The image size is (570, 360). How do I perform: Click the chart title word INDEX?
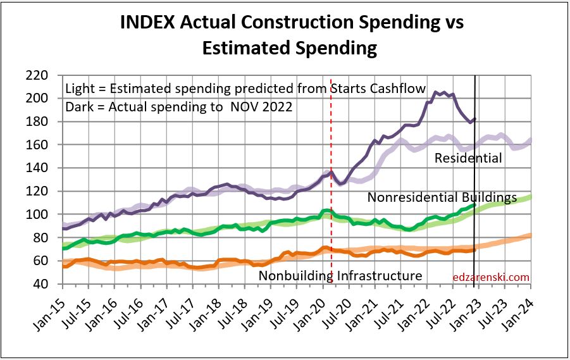click(x=147, y=23)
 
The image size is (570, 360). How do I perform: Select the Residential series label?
click(x=468, y=158)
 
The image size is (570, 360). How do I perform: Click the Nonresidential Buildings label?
click(x=442, y=197)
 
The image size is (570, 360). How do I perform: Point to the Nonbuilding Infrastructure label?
click(x=340, y=275)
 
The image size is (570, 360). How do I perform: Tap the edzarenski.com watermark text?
click(x=492, y=276)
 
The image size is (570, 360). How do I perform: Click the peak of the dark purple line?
click(x=435, y=92)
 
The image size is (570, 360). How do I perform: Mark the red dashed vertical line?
click(x=331, y=190)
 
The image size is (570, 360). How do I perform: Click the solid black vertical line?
click(x=475, y=190)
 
